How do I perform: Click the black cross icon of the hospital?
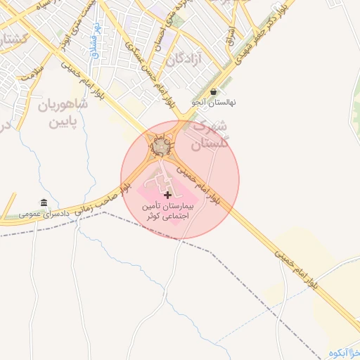click(167, 194)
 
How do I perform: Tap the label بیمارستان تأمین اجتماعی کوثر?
click(167, 212)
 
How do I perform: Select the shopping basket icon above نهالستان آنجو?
click(214, 91)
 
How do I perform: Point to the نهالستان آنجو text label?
click(214, 103)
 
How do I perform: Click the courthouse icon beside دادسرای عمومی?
click(44, 203)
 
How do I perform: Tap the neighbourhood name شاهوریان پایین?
click(63, 114)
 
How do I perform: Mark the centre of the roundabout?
click(162, 146)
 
